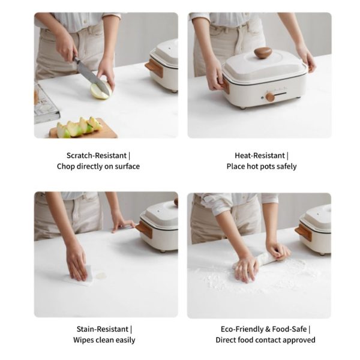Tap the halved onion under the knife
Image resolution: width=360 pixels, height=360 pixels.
click(100, 91)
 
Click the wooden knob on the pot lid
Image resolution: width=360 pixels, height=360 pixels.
click(262, 53)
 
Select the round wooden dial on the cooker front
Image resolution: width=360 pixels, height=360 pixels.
click(270, 97)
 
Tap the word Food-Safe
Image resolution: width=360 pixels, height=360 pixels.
click(290, 329)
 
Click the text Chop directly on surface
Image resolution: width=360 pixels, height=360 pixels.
click(98, 166)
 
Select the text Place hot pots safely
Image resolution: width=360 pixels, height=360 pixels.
click(262, 166)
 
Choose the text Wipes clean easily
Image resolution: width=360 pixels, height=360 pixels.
click(104, 340)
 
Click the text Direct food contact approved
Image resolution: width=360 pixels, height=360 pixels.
click(265, 340)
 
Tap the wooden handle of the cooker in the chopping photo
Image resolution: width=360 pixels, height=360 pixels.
click(154, 68)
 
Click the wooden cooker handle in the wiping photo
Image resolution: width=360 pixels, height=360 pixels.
click(144, 229)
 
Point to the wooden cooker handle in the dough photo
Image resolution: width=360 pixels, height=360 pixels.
click(304, 232)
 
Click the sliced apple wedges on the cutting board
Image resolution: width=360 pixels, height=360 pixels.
click(78, 127)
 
